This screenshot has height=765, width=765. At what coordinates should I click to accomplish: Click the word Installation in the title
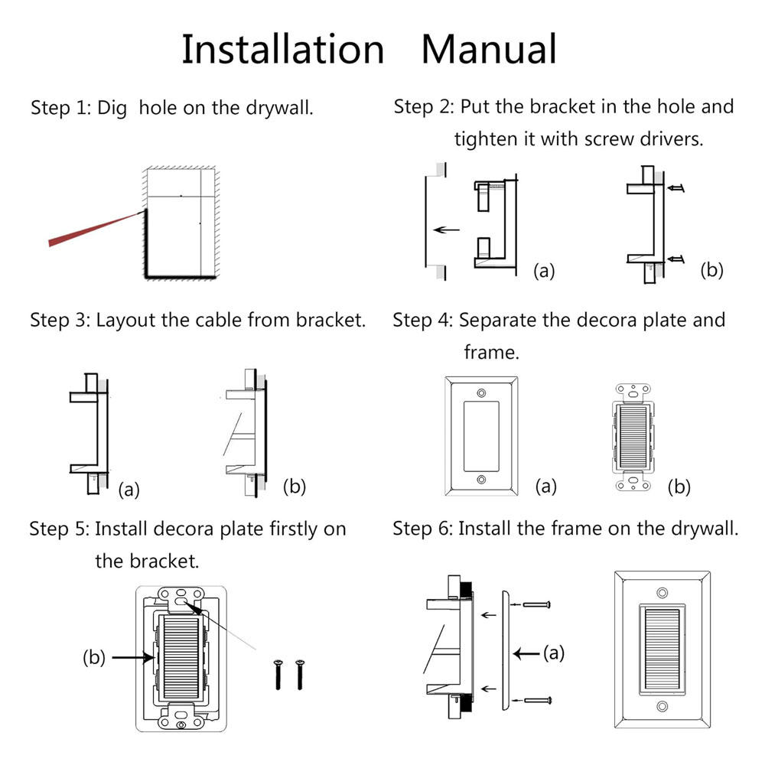[x=282, y=50]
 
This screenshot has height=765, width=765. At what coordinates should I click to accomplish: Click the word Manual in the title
[x=489, y=50]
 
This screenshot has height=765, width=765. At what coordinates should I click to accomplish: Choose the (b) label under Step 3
[x=295, y=486]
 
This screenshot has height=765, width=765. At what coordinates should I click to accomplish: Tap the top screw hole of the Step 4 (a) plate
[x=481, y=392]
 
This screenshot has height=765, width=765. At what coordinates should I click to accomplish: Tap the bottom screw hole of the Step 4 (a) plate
[x=481, y=480]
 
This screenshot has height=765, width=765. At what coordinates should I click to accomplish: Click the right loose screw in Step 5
[x=299, y=672]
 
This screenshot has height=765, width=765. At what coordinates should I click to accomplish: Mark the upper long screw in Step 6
[x=536, y=604]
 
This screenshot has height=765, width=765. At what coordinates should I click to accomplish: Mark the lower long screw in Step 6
[x=536, y=699]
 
